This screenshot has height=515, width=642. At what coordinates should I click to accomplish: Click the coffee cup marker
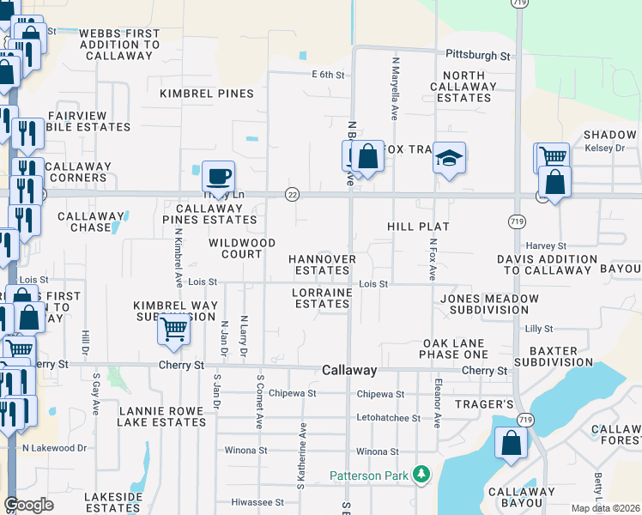[x=219, y=175]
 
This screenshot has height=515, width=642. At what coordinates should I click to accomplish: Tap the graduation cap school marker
[x=449, y=158]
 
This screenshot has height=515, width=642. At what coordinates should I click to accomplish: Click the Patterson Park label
[x=370, y=475]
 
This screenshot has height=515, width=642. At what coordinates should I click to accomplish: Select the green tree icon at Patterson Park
[x=421, y=474]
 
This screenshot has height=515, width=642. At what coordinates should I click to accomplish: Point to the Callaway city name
[x=349, y=370]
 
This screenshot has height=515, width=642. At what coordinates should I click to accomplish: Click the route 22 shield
[x=292, y=195]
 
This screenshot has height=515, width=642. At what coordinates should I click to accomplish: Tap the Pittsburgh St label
[x=477, y=55]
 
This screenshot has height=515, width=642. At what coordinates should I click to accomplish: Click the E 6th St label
[x=327, y=75]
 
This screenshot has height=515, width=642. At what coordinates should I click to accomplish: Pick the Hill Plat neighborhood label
[x=418, y=226]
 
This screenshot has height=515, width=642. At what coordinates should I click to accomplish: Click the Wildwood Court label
[x=242, y=249]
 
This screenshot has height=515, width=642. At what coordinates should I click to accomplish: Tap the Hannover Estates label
[x=322, y=264]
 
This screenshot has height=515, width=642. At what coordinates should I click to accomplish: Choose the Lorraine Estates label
[x=322, y=298]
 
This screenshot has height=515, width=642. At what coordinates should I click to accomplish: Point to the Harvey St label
[x=547, y=246]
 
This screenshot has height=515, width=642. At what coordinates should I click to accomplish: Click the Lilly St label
[x=539, y=329]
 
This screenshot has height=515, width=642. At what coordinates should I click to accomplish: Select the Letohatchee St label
[x=388, y=418]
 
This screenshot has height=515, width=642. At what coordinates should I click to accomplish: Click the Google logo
[x=29, y=505]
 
